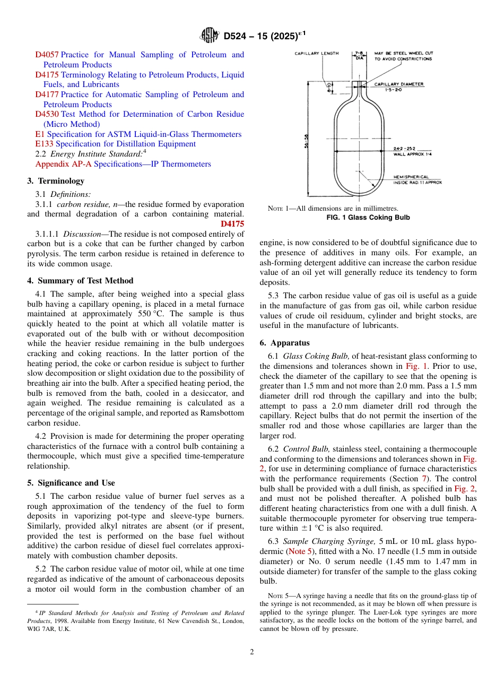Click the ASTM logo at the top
coord(210,36)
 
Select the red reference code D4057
coord(47,55)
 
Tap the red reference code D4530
coord(47,114)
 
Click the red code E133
coord(44,144)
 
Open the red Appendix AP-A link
coord(63,164)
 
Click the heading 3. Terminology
coord(56,181)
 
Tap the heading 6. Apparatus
coord(284,343)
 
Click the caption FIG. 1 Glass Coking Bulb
coord(368,218)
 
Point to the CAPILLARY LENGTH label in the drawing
coord(317,54)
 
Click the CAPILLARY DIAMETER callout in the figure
coord(399,84)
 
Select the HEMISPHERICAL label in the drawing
coord(411,177)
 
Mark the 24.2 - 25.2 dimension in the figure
coord(405,149)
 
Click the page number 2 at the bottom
coord(252,652)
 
